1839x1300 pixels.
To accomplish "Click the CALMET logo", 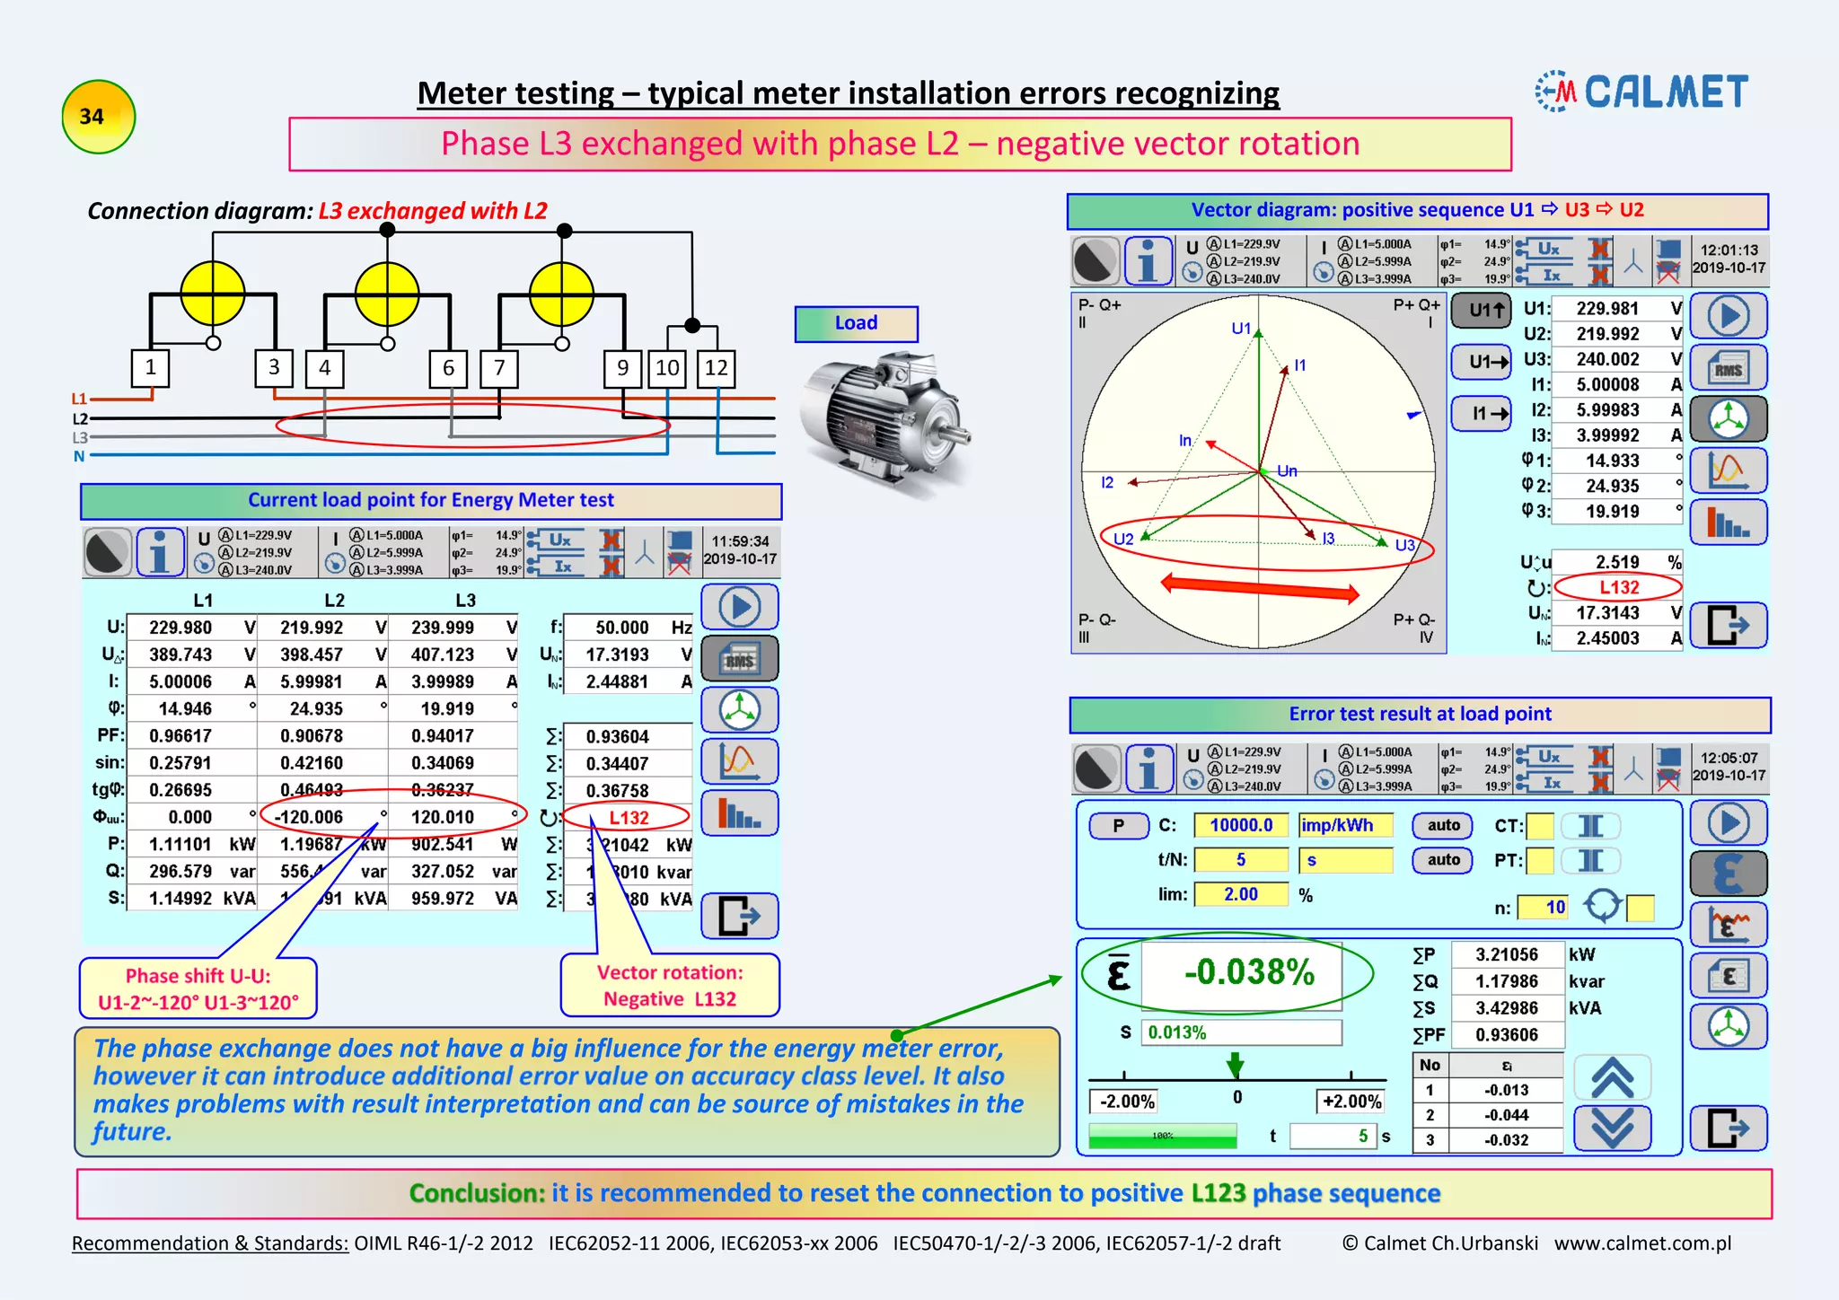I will (1642, 92).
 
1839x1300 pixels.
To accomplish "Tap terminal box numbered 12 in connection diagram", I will (716, 368).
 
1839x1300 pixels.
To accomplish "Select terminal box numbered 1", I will (151, 367).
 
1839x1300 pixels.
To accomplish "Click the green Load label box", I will (856, 323).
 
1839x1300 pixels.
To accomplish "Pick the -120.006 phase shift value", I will (309, 817).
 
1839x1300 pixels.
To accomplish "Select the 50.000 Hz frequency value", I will (621, 628).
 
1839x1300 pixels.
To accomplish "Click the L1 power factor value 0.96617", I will (180, 736).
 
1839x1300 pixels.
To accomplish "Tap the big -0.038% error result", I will (1249, 972).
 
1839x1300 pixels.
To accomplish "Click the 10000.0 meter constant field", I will (1241, 825).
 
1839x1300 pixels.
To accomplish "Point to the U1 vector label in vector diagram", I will (1241, 329).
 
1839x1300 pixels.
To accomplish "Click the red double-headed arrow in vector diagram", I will (1259, 587).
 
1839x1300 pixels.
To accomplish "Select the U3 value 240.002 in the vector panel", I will (1607, 359).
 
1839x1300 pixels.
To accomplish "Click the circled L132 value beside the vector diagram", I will (1618, 587).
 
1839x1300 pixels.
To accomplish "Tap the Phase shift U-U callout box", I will (198, 988).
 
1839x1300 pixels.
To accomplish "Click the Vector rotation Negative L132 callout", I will (670, 985).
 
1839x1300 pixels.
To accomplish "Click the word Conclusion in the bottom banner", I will (477, 1193).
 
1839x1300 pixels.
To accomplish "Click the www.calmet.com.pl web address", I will (1642, 1243).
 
